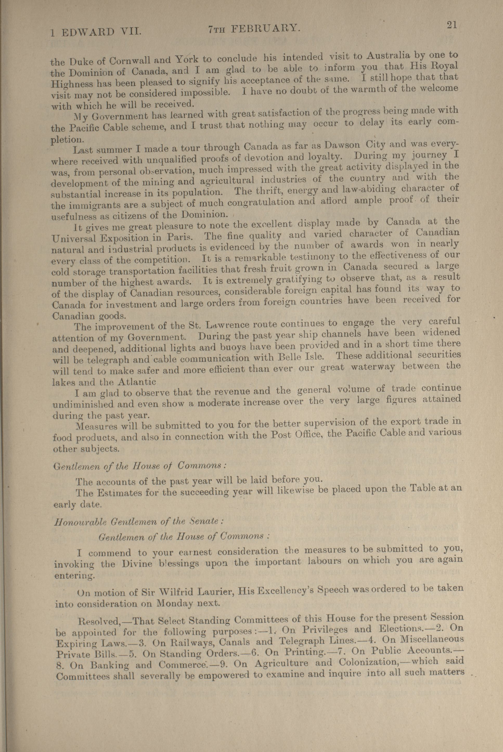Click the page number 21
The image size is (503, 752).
click(451, 25)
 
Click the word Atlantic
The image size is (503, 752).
click(137, 382)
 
